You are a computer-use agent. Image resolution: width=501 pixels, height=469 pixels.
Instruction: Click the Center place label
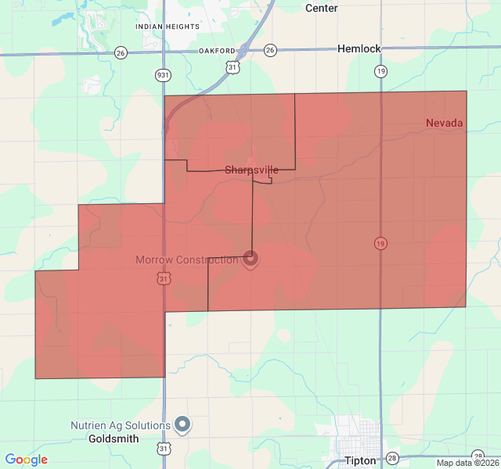tap(321, 8)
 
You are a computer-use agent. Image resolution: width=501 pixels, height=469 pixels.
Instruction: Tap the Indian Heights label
tap(167, 27)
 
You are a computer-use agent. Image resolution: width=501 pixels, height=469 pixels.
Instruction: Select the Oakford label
tap(217, 51)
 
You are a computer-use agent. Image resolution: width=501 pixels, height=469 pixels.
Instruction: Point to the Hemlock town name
tap(359, 48)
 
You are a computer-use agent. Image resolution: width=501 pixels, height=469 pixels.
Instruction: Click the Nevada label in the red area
tap(445, 123)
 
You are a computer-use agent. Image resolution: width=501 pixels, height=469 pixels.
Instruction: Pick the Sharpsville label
tap(251, 170)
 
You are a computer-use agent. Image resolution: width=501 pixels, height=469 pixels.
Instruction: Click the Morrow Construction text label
tap(186, 260)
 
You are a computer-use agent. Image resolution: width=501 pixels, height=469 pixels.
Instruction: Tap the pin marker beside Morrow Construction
tap(250, 258)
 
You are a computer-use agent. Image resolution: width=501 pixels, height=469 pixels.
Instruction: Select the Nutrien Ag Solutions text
tap(120, 426)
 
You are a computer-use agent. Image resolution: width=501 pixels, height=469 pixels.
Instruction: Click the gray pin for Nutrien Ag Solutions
tap(182, 424)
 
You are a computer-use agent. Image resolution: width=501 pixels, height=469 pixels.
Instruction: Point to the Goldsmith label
tap(114, 439)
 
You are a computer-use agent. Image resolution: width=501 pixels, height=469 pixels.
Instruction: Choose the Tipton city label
tap(360, 460)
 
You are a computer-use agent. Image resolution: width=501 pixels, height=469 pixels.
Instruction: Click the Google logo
tap(26, 460)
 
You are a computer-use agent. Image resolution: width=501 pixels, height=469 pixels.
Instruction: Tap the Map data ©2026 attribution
tap(467, 463)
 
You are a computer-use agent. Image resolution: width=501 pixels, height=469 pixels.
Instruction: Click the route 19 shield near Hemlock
tap(380, 71)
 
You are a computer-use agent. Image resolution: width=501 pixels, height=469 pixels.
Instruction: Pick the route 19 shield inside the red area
tap(380, 244)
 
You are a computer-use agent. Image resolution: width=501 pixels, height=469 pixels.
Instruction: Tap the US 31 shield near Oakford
tap(233, 68)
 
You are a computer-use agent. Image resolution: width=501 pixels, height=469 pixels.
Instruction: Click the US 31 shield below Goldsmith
tap(163, 449)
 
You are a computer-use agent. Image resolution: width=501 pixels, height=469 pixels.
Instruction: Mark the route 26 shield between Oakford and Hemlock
tap(270, 50)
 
